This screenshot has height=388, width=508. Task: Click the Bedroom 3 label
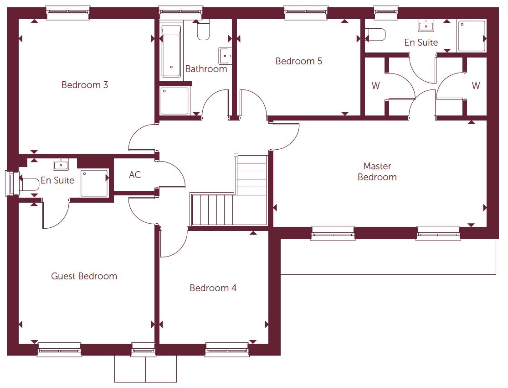tap(85, 85)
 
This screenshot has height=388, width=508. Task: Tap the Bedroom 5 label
tap(298, 61)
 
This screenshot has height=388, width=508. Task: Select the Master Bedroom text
tap(377, 172)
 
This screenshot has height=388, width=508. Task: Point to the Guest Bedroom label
tap(84, 276)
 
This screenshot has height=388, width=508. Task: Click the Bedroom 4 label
tap(213, 288)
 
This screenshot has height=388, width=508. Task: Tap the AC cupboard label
tap(135, 175)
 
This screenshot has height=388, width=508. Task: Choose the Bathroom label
tap(206, 69)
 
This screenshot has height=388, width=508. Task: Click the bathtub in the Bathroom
tap(171, 52)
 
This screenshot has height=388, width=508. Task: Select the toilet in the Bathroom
tap(203, 31)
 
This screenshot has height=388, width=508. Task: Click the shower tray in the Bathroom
tap(174, 100)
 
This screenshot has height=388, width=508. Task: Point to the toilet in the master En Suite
tap(376, 35)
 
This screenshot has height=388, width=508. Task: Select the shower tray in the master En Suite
tap(472, 36)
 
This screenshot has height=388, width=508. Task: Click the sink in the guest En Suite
tap(61, 164)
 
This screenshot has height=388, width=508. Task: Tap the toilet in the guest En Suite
tap(29, 184)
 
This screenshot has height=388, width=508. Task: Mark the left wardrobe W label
tap(375, 86)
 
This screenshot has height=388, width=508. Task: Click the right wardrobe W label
tap(476, 86)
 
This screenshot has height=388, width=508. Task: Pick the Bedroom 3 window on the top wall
tap(68, 12)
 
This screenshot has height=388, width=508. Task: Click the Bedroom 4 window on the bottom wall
tap(227, 350)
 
